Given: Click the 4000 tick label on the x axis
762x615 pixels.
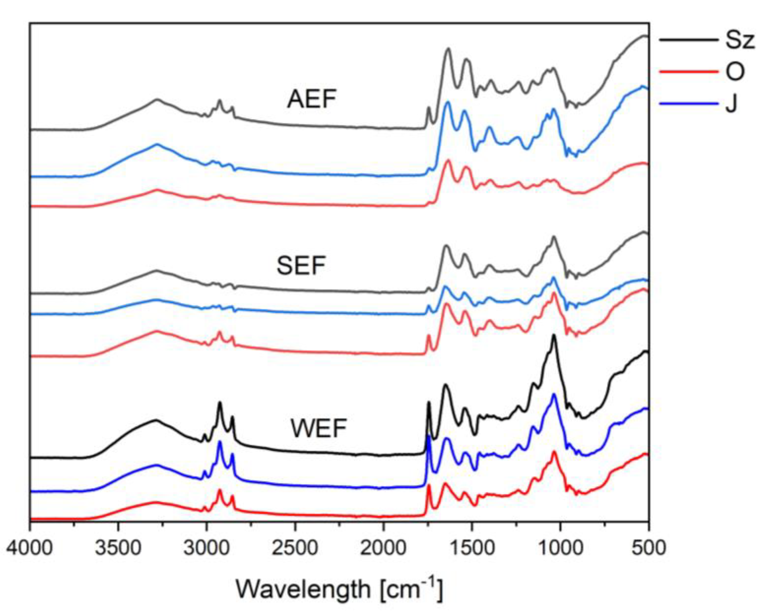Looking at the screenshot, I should [x=30, y=548].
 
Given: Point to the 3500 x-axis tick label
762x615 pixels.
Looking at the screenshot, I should [x=119, y=548].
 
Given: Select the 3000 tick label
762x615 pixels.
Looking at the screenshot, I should [x=207, y=548].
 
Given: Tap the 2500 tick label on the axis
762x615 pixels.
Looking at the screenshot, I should [x=295, y=548].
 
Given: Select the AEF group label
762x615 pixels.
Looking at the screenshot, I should [x=311, y=99].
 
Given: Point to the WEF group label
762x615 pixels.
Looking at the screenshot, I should [x=318, y=428].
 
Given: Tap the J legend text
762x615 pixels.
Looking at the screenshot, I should [x=731, y=104].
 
